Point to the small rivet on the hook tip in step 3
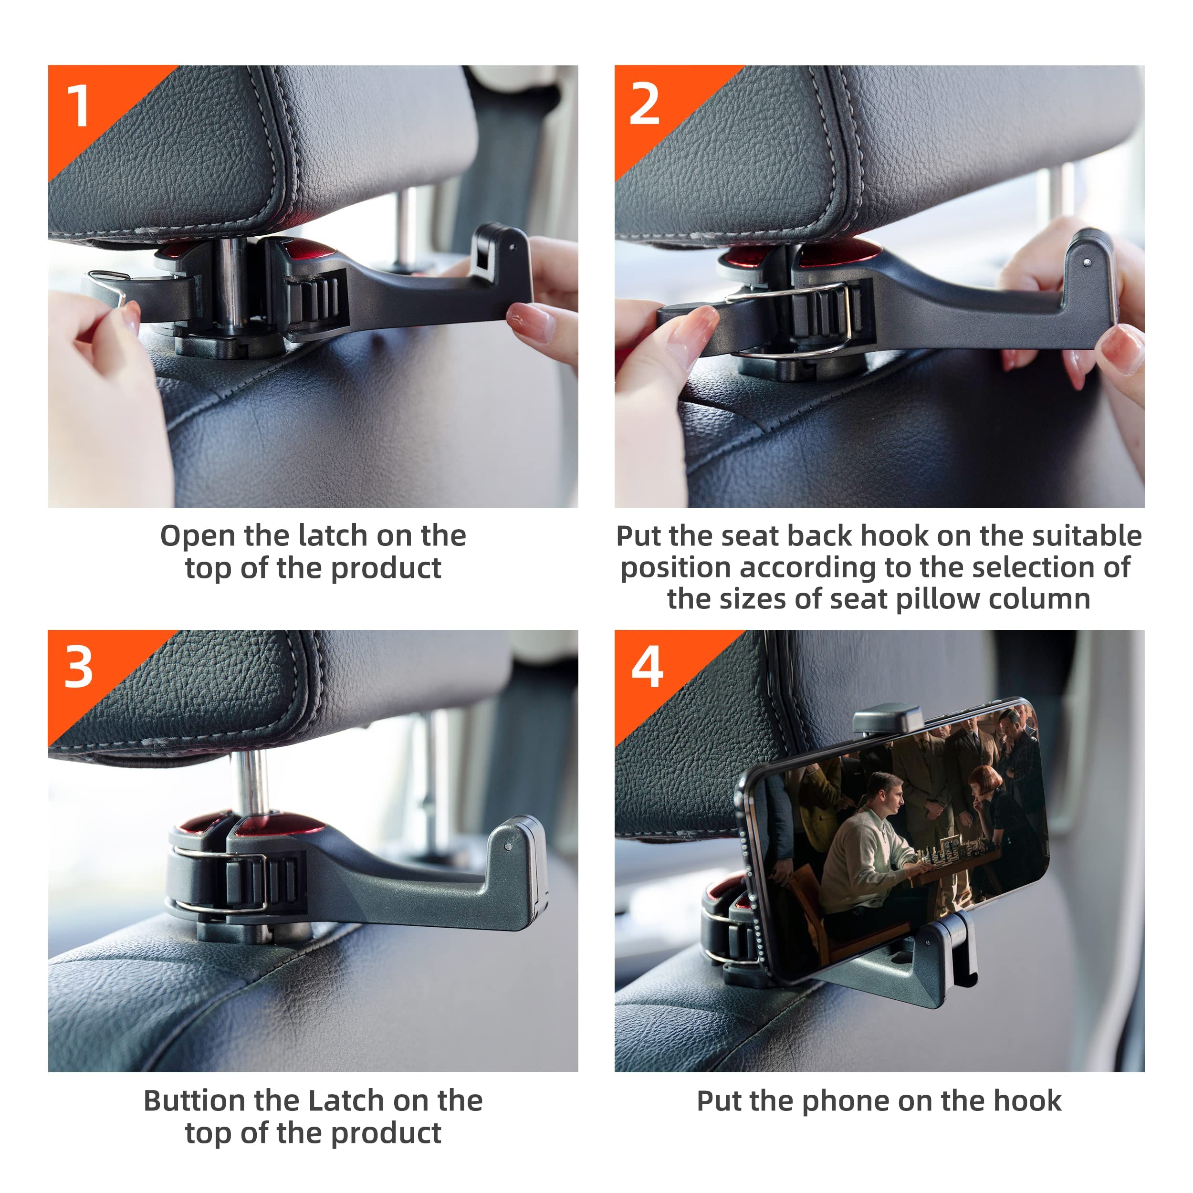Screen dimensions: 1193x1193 [508, 847]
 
